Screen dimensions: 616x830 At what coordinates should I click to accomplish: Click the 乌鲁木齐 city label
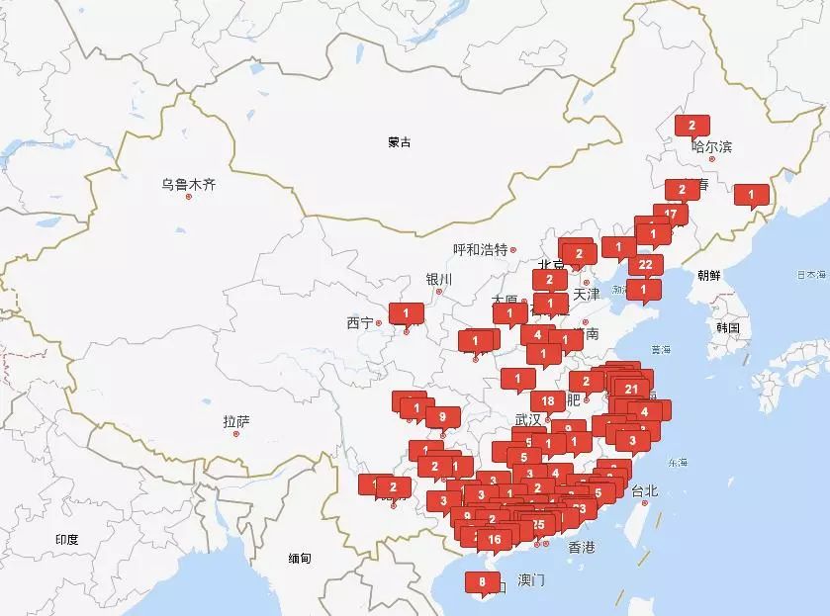pos(188,183)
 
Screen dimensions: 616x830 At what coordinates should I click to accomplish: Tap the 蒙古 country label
pos(400,142)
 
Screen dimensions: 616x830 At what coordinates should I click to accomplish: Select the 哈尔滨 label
pos(712,147)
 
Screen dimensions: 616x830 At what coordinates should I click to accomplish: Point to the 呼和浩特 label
pos(480,249)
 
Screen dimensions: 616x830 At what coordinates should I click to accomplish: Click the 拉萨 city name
pos(236,422)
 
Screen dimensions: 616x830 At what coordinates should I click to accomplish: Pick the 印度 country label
pos(67,539)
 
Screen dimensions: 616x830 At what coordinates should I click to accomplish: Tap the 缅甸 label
pos(300,559)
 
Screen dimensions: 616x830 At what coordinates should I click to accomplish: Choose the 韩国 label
pos(729,327)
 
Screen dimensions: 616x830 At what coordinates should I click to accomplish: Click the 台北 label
pos(644,490)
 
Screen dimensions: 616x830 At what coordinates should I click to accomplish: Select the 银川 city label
pos(438,279)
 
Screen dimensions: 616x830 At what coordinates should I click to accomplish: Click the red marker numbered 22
pos(646,264)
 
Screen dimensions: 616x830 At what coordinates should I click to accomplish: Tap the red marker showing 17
pos(671,214)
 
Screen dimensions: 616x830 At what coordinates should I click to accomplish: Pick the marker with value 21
pos(632,389)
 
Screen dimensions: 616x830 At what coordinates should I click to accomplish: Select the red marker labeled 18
pos(548,400)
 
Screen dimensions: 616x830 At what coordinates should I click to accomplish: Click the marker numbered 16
pos(495,539)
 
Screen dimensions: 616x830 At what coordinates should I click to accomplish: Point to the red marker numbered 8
pos(482,581)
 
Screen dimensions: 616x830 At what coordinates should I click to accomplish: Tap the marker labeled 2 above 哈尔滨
pos(692,125)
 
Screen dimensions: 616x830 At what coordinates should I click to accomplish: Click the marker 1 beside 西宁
pos(406,312)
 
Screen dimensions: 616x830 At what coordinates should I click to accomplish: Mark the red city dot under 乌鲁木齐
pos(188,196)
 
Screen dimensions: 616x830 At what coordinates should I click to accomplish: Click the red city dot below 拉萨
pos(236,433)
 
